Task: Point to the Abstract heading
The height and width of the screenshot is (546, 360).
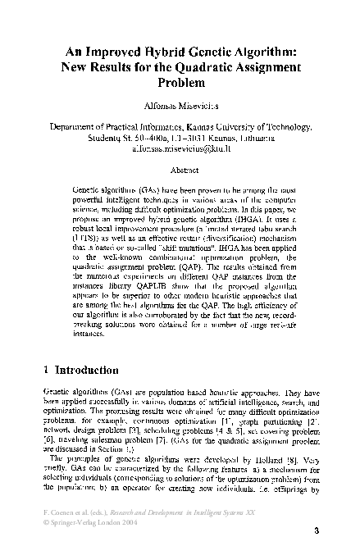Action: [180, 171]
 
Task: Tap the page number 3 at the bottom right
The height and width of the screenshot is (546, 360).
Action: [316, 531]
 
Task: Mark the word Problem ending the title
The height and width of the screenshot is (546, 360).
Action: [179, 83]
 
